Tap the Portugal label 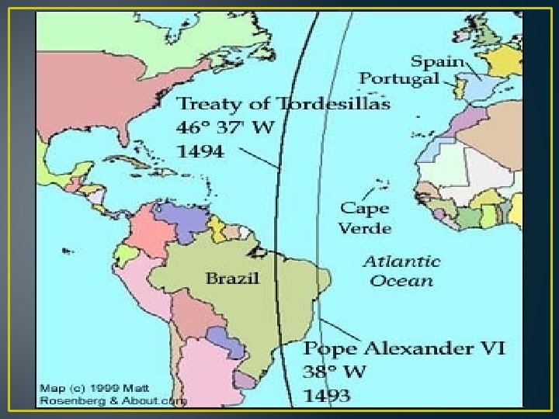click(x=399, y=78)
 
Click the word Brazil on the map click(x=231, y=278)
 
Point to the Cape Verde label click(x=365, y=218)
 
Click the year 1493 click(x=328, y=395)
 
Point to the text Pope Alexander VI click(x=404, y=347)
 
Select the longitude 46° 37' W click(x=225, y=128)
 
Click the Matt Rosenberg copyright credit click(x=113, y=394)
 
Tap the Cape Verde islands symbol click(x=381, y=185)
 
